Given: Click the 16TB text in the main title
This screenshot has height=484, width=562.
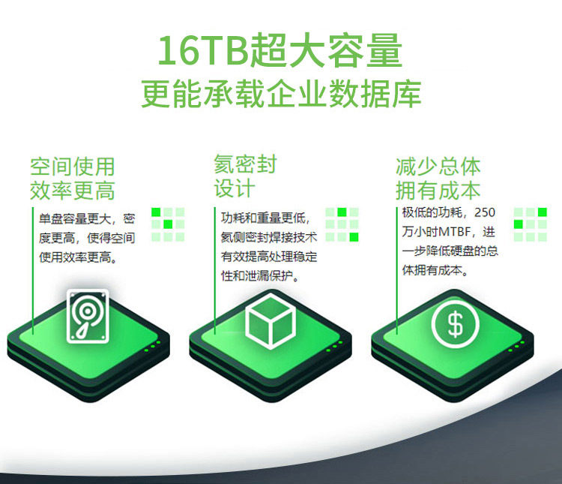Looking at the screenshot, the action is point(203,50).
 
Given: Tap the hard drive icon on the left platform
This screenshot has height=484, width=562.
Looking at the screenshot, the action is point(88,316).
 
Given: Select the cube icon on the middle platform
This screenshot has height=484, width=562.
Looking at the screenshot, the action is point(271,321).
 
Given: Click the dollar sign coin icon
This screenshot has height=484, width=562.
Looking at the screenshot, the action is point(455,324).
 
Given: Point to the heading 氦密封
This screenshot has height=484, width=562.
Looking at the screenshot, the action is point(246,164).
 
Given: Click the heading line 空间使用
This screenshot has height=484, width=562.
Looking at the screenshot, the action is point(73,167).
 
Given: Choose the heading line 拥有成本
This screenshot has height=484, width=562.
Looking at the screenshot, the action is point(438,191).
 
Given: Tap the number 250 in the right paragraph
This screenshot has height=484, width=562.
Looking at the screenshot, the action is point(485,212).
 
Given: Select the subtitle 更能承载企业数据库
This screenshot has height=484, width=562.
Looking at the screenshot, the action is point(281,94).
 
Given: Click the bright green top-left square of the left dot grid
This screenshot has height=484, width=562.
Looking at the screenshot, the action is point(156,212).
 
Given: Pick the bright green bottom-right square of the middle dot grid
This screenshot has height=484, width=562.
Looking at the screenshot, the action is point(354,237).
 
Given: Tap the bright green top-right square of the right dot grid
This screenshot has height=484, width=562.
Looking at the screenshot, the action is point(543,212).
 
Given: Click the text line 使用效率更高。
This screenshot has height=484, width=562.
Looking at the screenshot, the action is point(78,257).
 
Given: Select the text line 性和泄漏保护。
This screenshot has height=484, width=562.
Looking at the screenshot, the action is point(260,275).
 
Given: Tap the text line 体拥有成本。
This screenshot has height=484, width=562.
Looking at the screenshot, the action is point(435,270).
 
